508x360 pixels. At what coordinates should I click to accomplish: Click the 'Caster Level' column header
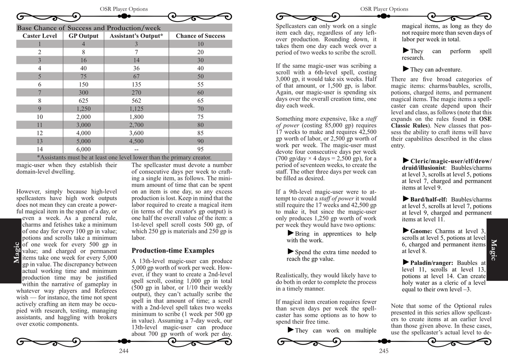click(x=39, y=36)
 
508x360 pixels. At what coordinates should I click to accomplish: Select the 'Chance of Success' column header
click(x=200, y=36)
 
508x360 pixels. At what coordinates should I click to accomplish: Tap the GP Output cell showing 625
click(x=83, y=101)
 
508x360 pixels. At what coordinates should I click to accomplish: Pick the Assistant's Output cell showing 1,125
click(x=136, y=109)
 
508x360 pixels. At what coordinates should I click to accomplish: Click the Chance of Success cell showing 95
click(x=200, y=149)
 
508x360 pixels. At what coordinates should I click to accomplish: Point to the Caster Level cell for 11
click(x=39, y=125)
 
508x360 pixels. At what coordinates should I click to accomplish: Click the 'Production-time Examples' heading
click(x=173, y=250)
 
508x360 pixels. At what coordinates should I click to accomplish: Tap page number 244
click(x=124, y=351)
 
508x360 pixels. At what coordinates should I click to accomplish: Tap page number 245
click(x=384, y=351)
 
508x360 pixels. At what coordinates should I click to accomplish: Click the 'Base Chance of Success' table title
click(x=83, y=28)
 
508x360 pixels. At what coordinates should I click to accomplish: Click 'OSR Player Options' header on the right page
click(x=384, y=9)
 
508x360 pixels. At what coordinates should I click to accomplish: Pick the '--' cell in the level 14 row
click(x=136, y=149)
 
